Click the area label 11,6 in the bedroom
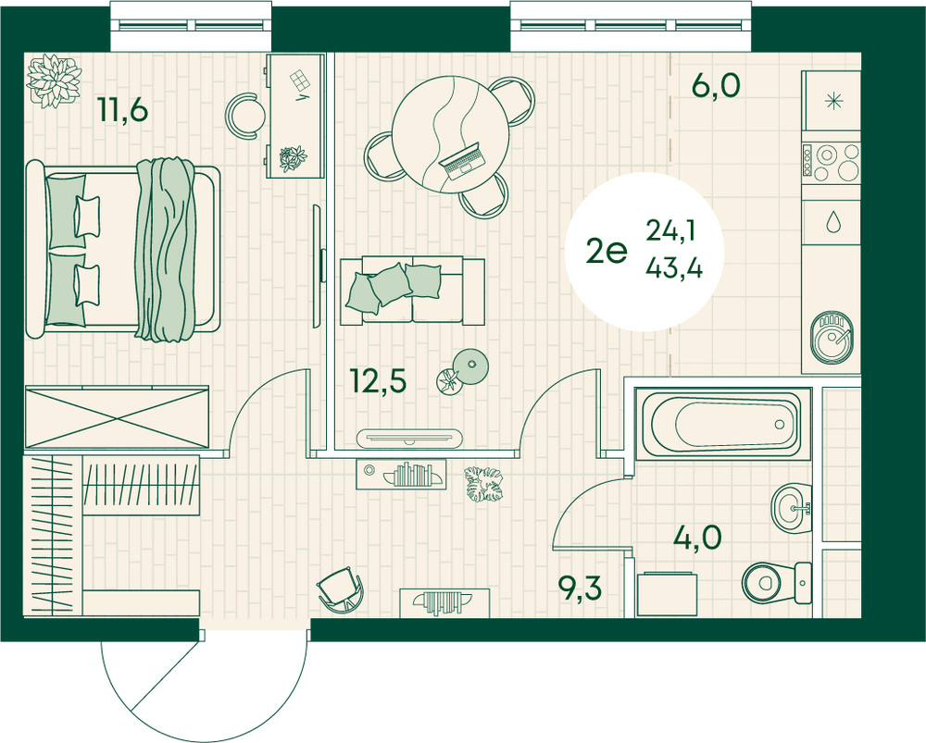click(123, 110)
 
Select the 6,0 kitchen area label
click(716, 86)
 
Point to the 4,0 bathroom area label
click(698, 537)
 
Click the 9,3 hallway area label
click(581, 588)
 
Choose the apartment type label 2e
click(607, 253)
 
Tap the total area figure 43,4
click(674, 269)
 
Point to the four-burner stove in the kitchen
click(831, 162)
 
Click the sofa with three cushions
click(412, 291)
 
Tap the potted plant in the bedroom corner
click(54, 80)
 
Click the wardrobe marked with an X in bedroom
click(117, 417)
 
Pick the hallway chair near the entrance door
click(340, 589)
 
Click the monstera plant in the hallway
click(483, 484)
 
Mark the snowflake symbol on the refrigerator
click(833, 102)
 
